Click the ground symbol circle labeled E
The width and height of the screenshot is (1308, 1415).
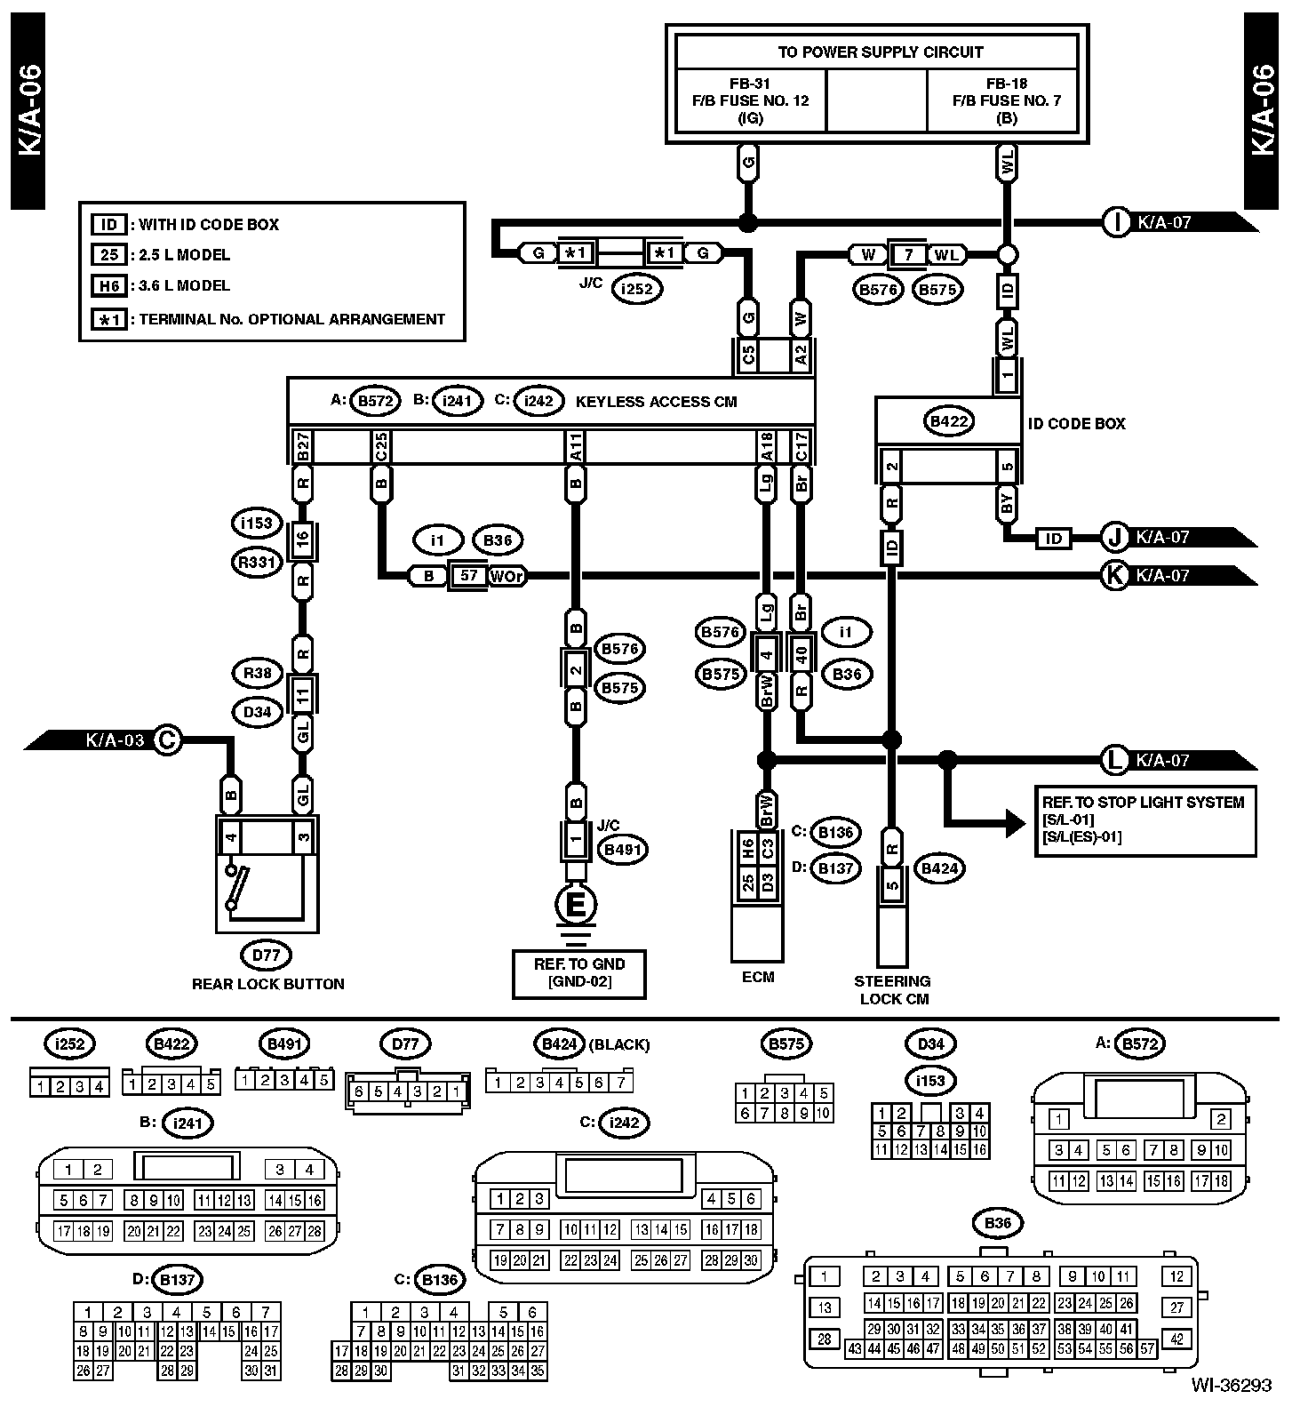[576, 906]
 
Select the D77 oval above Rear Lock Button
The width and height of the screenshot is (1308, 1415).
[266, 955]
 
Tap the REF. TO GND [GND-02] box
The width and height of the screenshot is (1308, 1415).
[578, 973]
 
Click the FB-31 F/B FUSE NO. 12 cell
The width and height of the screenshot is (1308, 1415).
[751, 100]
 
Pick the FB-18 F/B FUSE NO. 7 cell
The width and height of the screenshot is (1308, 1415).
[1007, 100]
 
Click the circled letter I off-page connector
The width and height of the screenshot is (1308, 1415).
[1115, 222]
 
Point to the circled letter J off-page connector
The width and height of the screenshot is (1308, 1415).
[1114, 537]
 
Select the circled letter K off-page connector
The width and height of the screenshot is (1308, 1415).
[1113, 575]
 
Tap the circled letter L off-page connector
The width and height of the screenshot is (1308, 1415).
[1113, 760]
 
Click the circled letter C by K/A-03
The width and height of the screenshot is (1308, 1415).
[167, 739]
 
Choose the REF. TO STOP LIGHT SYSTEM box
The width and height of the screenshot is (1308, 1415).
[1144, 820]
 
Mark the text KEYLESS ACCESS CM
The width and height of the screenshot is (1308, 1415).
[656, 402]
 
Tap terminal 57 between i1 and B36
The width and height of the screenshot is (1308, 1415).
[468, 576]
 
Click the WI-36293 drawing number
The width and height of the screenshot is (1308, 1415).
[1232, 1385]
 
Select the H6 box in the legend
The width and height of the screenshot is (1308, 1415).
[108, 285]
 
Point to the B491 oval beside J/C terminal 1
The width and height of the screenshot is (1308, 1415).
[622, 850]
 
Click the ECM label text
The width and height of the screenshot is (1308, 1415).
[757, 977]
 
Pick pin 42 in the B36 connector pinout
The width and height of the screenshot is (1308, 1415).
[1177, 1339]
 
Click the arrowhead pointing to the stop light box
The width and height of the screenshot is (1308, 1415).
[1015, 822]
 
